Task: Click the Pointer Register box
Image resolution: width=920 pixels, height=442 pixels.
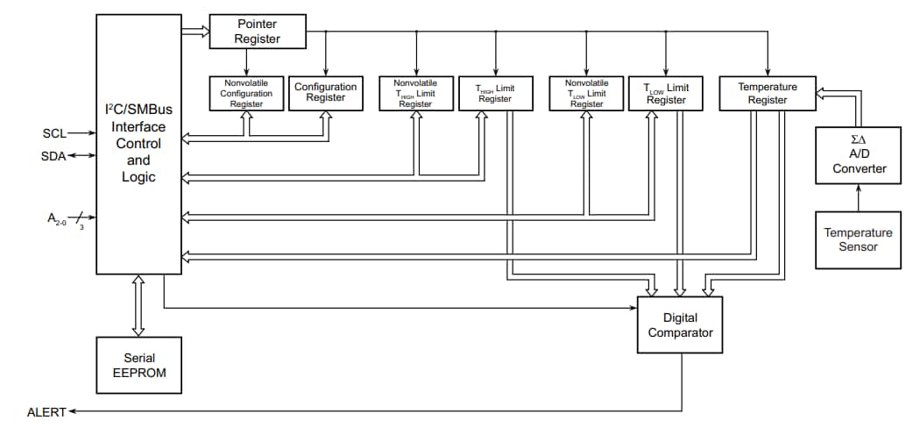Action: (258, 32)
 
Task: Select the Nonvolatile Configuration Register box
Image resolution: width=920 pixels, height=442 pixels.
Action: (246, 93)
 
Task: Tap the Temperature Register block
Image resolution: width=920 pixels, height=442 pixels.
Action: (768, 93)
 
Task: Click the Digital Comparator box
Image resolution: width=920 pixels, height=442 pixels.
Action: (680, 324)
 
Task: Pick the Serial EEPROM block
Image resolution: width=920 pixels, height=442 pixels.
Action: (139, 366)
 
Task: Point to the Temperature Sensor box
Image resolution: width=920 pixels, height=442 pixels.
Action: (858, 239)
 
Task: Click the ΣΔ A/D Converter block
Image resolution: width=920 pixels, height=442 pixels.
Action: (858, 155)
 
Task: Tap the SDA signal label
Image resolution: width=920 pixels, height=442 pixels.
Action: (53, 156)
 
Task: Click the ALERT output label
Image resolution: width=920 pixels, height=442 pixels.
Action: (46, 411)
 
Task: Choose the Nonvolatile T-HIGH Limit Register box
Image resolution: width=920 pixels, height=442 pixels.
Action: (415, 93)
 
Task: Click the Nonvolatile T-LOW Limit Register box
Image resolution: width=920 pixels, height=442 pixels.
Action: (586, 93)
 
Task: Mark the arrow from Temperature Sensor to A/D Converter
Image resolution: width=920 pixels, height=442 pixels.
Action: (858, 197)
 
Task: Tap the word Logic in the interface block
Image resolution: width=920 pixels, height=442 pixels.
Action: (138, 177)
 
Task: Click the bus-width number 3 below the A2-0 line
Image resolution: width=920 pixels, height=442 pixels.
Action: (81, 226)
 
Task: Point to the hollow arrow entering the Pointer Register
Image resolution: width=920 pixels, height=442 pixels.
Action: (195, 32)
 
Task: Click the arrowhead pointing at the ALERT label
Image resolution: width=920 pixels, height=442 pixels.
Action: (73, 410)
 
